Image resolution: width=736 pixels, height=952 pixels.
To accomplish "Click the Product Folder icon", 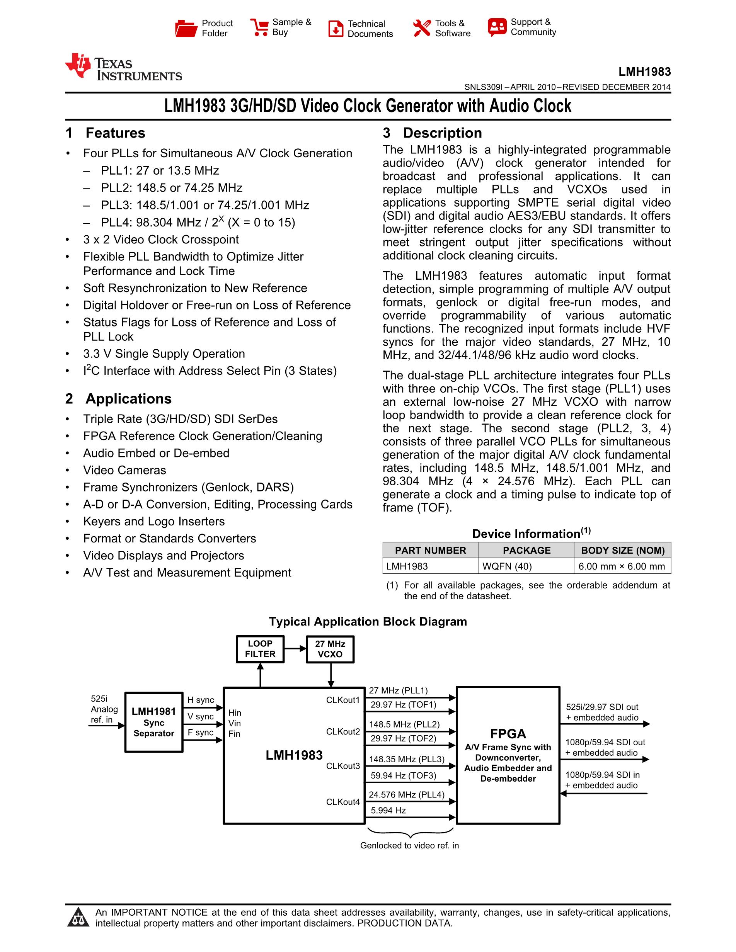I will coord(186,28).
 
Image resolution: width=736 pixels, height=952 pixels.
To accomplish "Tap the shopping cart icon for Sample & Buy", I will coord(259,27).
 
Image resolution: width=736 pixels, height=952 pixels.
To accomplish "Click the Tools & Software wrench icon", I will coord(422,28).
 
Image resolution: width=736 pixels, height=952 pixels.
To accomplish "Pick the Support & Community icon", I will coord(497,27).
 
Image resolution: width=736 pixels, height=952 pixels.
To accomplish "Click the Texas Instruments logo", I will coord(123,68).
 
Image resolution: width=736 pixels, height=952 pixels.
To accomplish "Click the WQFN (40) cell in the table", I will coord(507,566).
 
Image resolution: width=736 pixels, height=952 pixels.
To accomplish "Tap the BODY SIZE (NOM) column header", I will coord(623,551).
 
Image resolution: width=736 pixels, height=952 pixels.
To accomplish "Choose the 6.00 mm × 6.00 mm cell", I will coord(622,566).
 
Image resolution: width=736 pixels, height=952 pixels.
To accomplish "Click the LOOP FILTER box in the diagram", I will coord(260,649).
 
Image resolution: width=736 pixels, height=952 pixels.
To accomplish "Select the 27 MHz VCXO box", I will coord(330,649).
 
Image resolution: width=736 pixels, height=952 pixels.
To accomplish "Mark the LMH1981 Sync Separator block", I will coord(153,722).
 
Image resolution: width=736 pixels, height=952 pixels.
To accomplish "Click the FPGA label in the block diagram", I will coord(508,734).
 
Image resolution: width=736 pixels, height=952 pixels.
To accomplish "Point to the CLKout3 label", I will coord(343,766).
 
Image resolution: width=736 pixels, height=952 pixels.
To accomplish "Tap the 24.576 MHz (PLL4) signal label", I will coord(406,795).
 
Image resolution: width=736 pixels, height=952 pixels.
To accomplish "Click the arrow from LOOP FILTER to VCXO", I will coord(295,649).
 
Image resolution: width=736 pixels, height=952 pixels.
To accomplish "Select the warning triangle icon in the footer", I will coord(78,918).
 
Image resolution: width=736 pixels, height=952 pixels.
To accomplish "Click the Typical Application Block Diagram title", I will coord(368,622).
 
